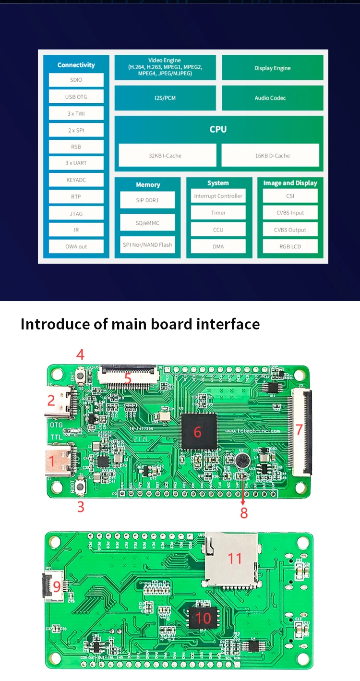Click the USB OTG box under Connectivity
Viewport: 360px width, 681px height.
(76, 97)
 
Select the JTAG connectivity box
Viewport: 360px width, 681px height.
(76, 214)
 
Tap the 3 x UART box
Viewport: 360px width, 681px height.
(76, 163)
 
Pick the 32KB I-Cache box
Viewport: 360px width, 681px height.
(165, 156)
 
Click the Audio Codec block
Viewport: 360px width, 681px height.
(270, 98)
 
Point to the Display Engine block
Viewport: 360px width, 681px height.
(272, 68)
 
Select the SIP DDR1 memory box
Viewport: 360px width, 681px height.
(147, 200)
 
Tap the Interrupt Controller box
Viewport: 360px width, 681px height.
(218, 196)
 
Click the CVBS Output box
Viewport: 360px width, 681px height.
(290, 230)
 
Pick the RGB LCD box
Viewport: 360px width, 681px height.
(290, 247)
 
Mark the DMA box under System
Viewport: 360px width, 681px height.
(218, 247)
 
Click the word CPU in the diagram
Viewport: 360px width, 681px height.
(218, 130)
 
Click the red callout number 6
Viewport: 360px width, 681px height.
(197, 432)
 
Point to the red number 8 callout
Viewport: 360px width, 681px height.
(244, 513)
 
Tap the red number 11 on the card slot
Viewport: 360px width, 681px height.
(235, 558)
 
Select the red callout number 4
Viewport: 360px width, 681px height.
(80, 355)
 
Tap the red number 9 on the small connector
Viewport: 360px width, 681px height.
(56, 586)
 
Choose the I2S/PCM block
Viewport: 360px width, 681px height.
(165, 98)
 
